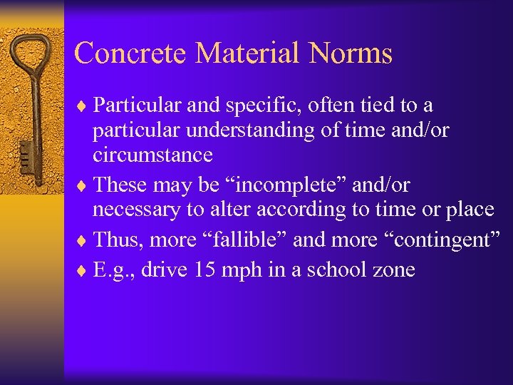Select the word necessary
tap(138, 210)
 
